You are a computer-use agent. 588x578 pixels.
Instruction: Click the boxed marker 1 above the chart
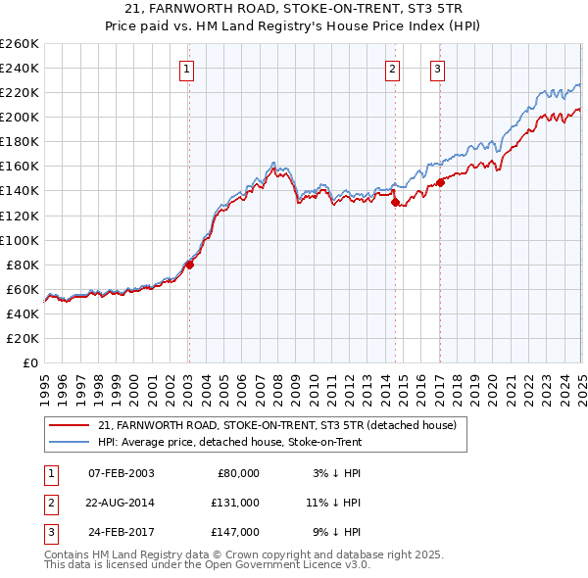coord(186,69)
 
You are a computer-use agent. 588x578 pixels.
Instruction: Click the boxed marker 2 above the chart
coord(392,69)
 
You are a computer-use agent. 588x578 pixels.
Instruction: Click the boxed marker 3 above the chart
coord(437,69)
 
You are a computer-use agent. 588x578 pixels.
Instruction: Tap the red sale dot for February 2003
coord(190,264)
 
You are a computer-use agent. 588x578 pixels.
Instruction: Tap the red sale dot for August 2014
coord(396,203)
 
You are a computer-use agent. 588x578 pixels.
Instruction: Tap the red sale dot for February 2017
coord(441,181)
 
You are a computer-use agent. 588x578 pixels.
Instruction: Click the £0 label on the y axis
coord(30,362)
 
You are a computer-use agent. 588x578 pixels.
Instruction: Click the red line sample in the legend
coord(70,426)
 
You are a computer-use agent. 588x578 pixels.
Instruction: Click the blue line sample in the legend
coord(70,443)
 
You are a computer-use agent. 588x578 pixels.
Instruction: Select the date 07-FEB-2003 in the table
coord(122,473)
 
